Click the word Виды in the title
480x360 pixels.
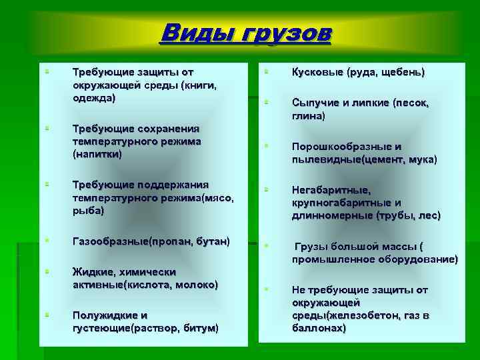point(194,32)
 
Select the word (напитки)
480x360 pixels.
point(97,154)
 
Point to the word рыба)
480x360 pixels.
point(89,210)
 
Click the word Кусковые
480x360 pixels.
point(317,72)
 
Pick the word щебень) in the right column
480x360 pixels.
point(402,72)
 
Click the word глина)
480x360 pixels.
point(307,116)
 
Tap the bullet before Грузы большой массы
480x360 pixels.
point(265,246)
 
